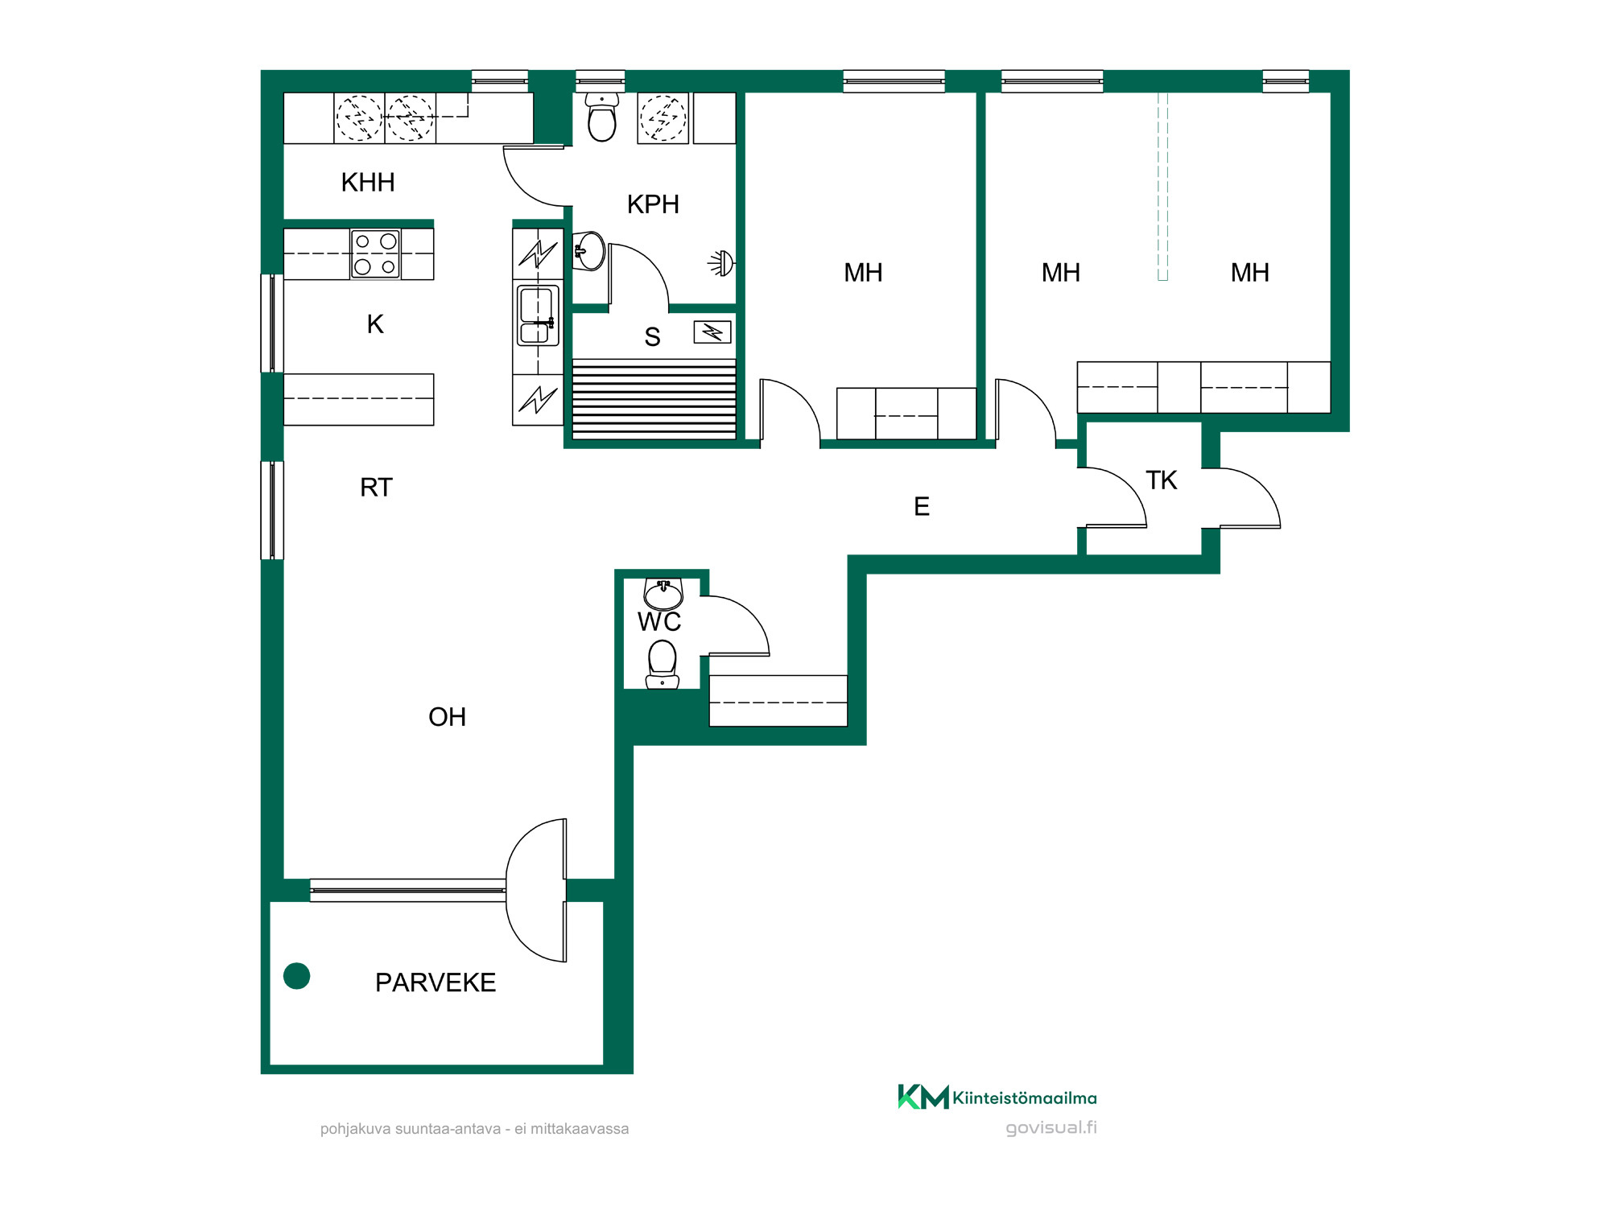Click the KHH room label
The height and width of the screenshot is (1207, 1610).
click(x=368, y=183)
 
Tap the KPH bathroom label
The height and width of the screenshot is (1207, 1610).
click(x=653, y=204)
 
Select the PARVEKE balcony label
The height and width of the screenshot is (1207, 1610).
click(x=436, y=982)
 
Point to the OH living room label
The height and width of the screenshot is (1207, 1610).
click(x=448, y=717)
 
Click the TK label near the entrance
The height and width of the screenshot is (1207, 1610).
click(x=1162, y=480)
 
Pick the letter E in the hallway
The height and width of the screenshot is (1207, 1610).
click(x=922, y=506)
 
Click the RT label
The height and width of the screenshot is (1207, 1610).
click(x=376, y=488)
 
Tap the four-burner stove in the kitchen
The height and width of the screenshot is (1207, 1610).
click(x=376, y=253)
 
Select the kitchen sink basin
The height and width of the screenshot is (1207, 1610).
click(x=538, y=315)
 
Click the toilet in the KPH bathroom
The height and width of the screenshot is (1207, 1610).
click(x=602, y=117)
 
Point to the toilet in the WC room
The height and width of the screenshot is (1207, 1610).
click(x=663, y=665)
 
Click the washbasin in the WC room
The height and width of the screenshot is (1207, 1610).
click(x=663, y=594)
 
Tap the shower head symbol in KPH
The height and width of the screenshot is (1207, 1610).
click(x=722, y=263)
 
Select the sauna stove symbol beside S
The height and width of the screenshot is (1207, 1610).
click(x=712, y=332)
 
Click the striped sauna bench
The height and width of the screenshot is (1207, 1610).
click(x=654, y=399)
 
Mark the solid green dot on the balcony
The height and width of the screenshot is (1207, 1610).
click(x=297, y=976)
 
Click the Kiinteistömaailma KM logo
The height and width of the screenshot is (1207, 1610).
click(x=997, y=1098)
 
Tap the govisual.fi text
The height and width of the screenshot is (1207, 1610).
click(x=1051, y=1127)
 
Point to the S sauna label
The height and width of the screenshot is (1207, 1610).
click(x=652, y=337)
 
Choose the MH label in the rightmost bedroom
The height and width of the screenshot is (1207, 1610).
click(x=1249, y=273)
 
